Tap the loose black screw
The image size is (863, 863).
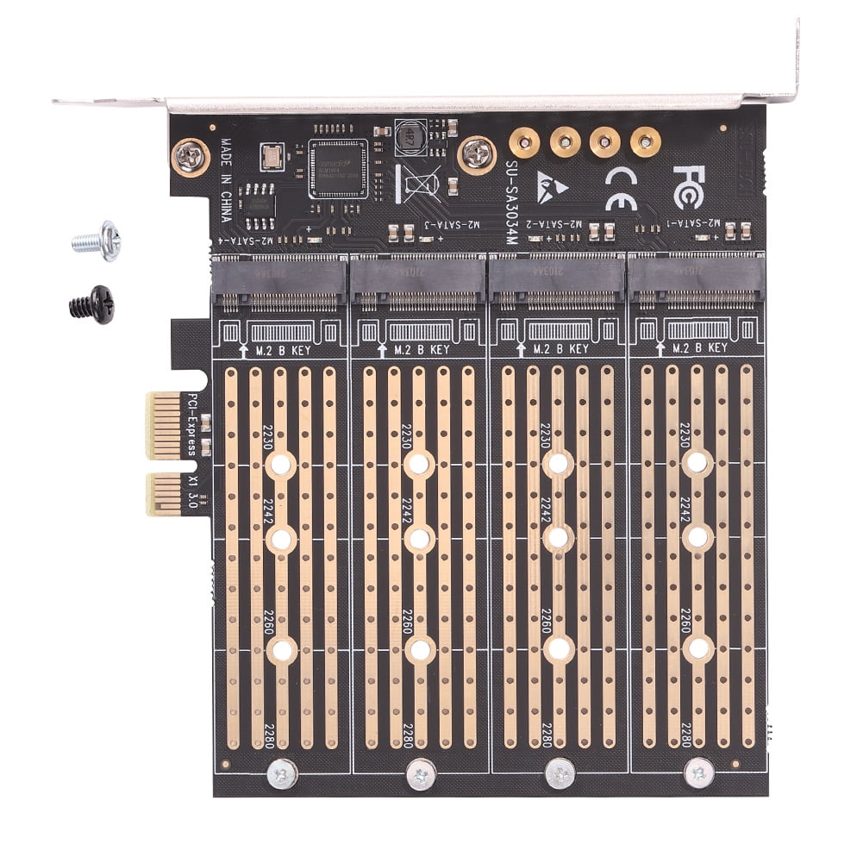click(92, 304)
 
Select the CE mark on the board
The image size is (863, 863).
click(621, 188)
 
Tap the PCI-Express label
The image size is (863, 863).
click(193, 423)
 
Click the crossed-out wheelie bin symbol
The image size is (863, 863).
click(411, 183)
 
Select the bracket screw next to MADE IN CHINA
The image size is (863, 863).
click(191, 158)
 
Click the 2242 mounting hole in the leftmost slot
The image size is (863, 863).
click(280, 539)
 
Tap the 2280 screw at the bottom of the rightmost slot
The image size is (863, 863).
click(698, 772)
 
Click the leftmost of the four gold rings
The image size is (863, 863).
click(524, 141)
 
